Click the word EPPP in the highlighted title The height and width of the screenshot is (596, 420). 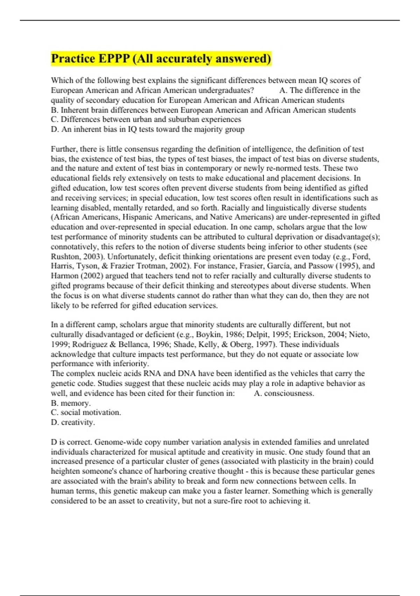coord(114,59)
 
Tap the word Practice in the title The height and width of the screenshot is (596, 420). coord(73,59)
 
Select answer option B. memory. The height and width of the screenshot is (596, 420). coord(71,403)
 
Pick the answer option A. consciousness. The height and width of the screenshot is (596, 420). coord(284,393)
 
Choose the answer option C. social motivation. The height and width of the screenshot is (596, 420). coord(86,413)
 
